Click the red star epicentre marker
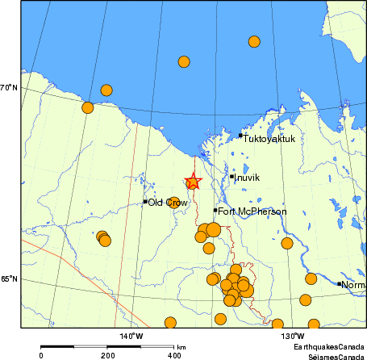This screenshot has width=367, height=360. coord(192,182)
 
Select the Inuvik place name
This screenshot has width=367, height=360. coord(247,177)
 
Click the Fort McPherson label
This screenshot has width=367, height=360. coord(252,211)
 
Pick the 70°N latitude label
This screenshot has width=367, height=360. coord(10,87)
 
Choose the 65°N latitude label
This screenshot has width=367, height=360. coord(10,279)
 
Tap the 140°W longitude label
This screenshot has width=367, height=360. coord(131,335)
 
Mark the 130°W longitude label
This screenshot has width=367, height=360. coord(293,335)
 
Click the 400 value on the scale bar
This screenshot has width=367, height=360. coord(173,355)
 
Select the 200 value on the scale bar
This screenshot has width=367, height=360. coord(107,355)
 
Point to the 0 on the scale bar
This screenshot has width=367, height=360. coord(41,355)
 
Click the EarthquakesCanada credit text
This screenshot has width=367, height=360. coord(327,345)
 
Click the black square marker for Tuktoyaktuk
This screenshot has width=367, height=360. coord(240,136)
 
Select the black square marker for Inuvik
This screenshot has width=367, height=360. coord(231,177)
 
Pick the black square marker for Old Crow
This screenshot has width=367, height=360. coord(145,202)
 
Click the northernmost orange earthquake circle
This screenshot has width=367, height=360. coord(254,41)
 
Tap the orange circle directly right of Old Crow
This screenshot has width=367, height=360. coord(173,203)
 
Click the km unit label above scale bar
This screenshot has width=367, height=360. coord(181,345)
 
